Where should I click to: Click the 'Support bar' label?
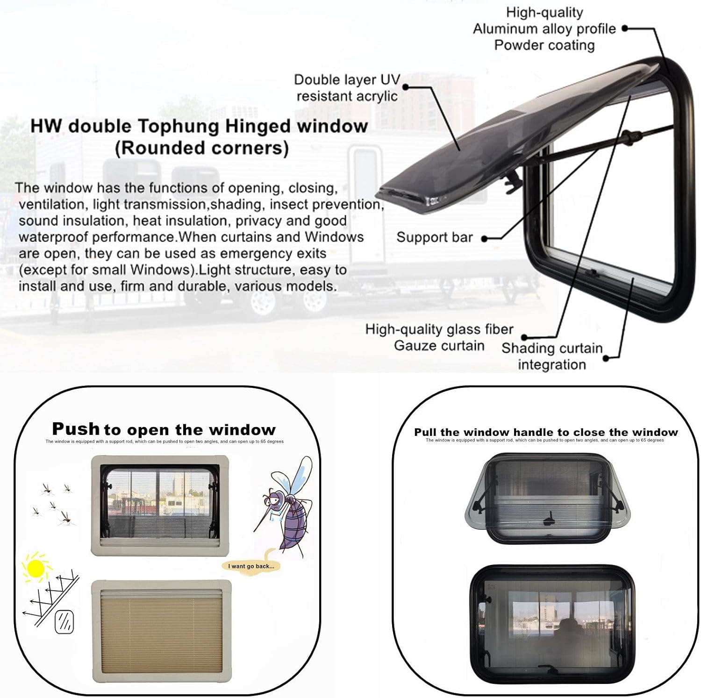434,237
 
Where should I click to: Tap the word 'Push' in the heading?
76,428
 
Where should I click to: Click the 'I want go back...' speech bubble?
251,566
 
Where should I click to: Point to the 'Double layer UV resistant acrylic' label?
347,88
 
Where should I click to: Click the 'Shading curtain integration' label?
552,356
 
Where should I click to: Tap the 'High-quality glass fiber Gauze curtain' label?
439,337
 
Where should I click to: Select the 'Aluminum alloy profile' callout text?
544,29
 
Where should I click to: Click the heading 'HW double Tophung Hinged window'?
199,126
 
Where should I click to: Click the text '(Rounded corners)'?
201,148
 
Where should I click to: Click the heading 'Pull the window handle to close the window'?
545,432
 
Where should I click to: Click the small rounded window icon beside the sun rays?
64,622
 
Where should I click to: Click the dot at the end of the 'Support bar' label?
484,239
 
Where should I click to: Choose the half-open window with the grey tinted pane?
547,498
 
